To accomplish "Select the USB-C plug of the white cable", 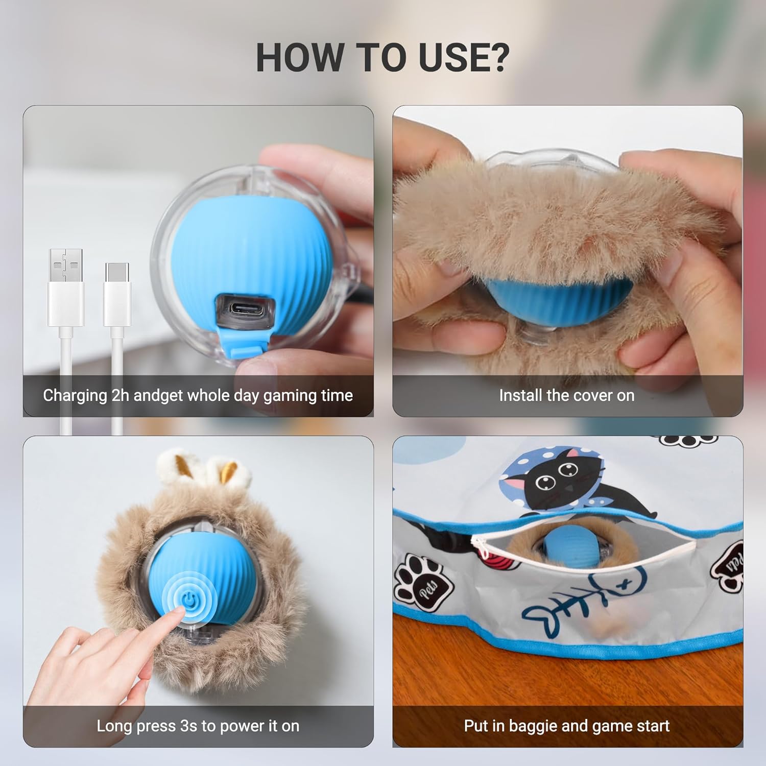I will tap(117, 296).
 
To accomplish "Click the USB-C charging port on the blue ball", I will tap(245, 310).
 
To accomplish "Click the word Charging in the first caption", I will tap(75, 395).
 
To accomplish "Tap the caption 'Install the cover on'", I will tap(567, 395).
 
